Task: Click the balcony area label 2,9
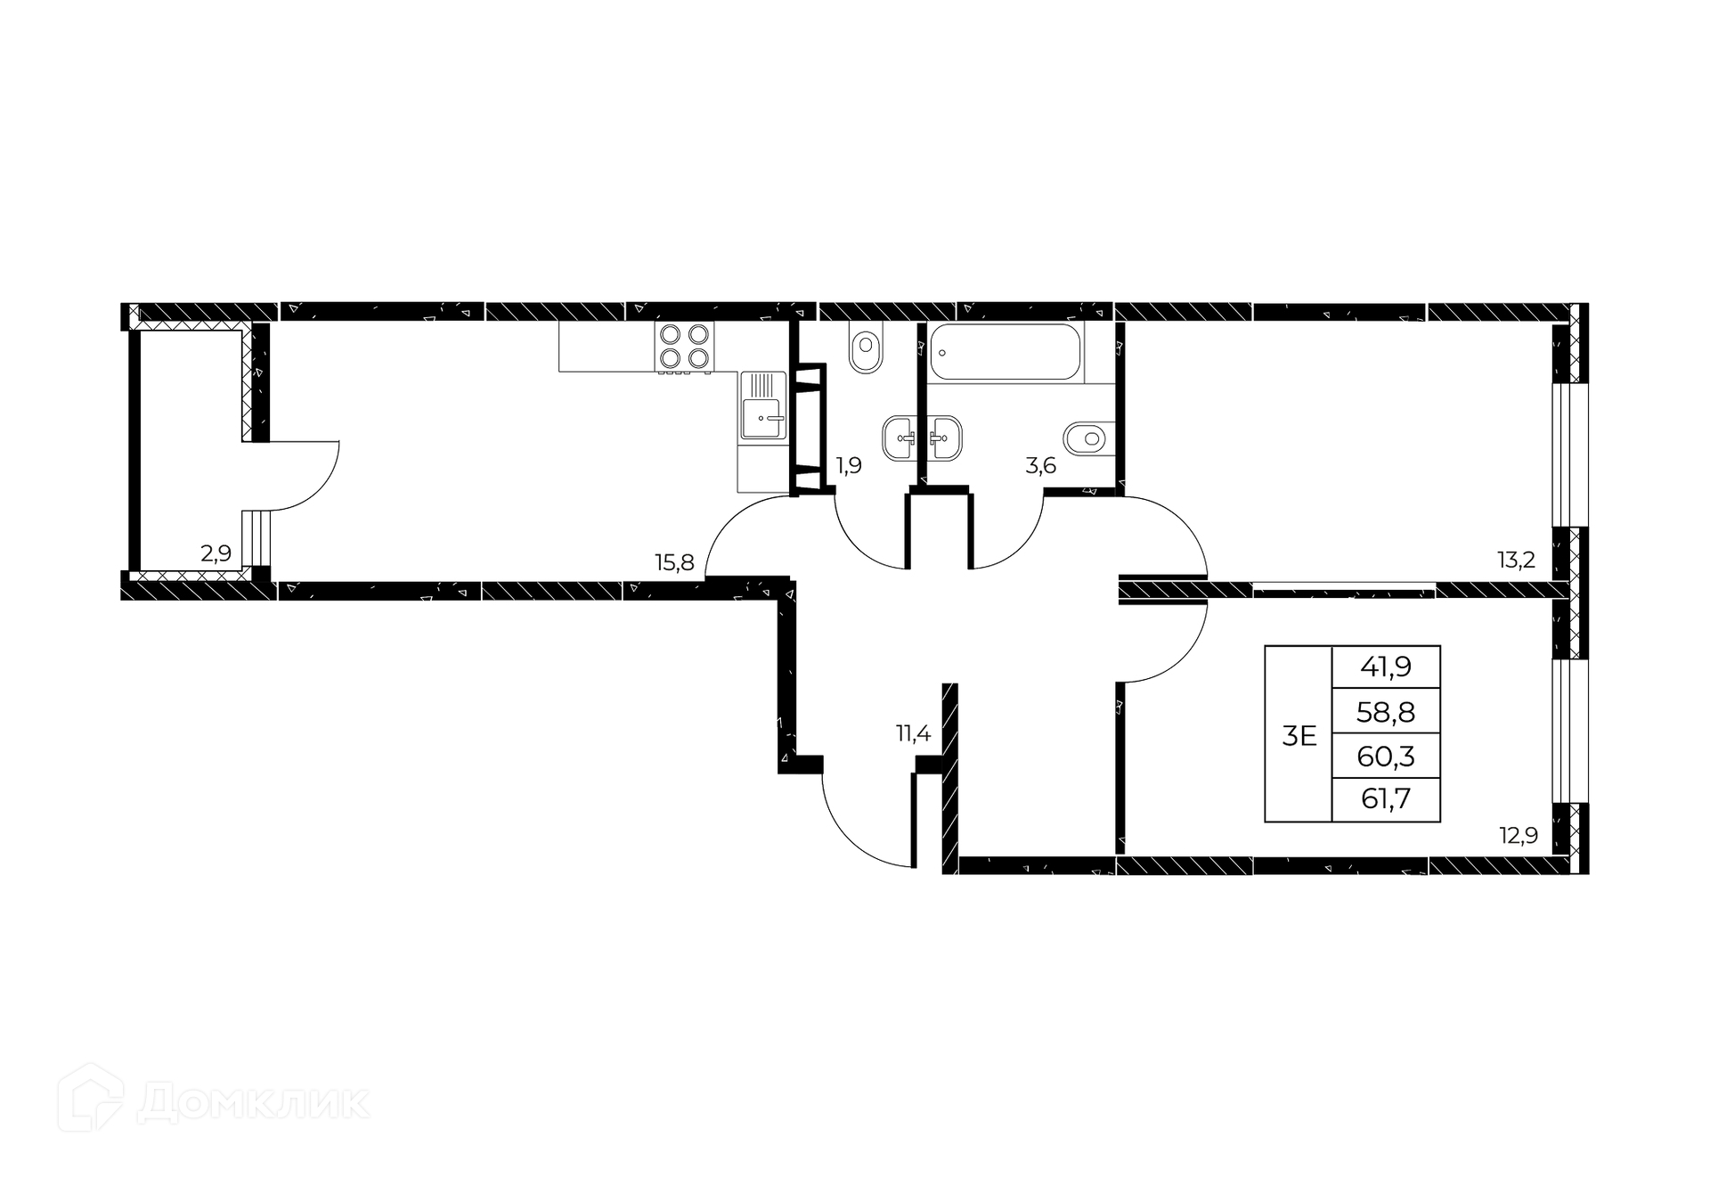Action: coord(216,553)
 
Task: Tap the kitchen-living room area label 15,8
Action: coord(674,562)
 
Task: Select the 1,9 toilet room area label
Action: coord(849,465)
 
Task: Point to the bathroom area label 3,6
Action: coord(1040,465)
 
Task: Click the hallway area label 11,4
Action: coord(913,733)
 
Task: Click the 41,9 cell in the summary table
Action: coord(1385,667)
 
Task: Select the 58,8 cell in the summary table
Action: coord(1385,711)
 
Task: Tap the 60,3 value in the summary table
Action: coord(1385,756)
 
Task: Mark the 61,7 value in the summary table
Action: coord(1385,798)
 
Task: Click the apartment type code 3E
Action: coord(1299,736)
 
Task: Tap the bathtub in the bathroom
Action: coord(1005,351)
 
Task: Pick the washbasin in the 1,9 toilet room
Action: coord(900,438)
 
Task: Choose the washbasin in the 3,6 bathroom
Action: coord(943,438)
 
